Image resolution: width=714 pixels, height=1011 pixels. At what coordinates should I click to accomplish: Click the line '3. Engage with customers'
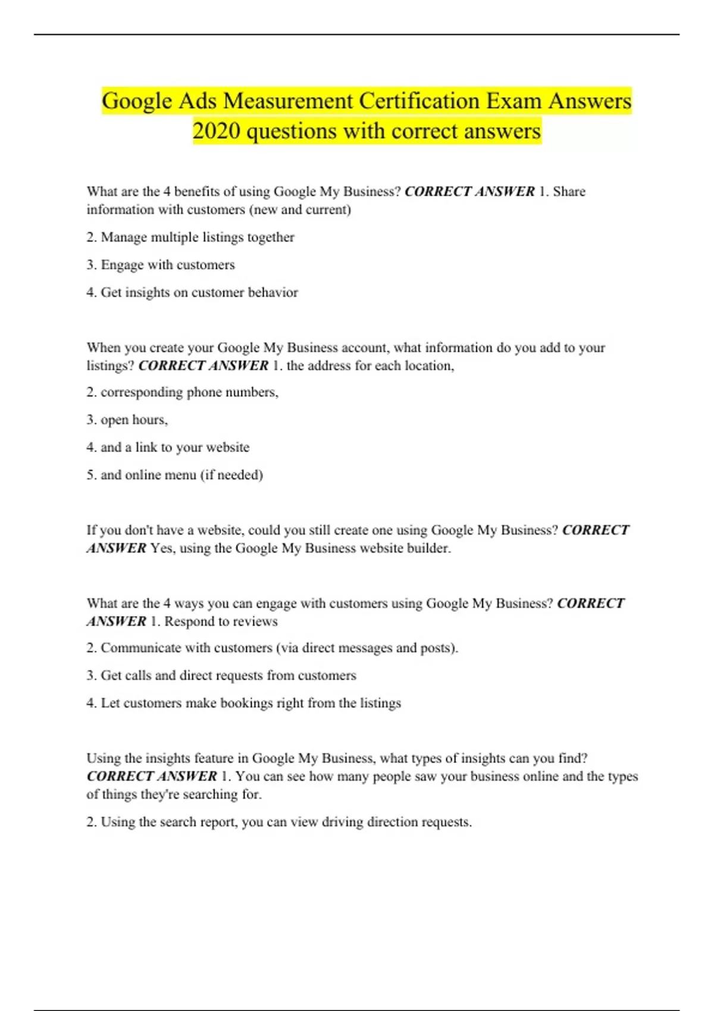161,265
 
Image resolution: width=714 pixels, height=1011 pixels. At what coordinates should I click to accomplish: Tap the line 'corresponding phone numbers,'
189,393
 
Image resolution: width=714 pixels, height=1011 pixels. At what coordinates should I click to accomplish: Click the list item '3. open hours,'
127,420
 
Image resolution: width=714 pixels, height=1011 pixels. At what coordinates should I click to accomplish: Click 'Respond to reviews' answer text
221,621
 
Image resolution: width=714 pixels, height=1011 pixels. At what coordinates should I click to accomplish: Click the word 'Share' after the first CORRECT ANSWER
569,191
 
